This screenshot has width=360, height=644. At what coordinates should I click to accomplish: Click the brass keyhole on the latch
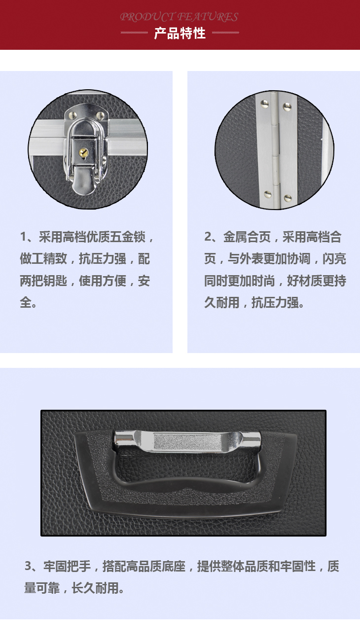click(83, 153)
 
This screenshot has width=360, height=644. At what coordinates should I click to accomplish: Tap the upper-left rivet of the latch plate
click(72, 115)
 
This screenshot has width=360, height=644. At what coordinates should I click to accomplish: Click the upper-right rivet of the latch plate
click(100, 115)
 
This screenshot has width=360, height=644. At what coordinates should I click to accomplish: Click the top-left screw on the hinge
click(264, 104)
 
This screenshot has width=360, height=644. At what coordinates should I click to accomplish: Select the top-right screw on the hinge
click(287, 107)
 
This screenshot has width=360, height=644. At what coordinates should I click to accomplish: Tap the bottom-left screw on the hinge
click(268, 194)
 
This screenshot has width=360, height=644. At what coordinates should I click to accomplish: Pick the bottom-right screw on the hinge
click(288, 198)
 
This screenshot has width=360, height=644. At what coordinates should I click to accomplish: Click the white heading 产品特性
click(180, 33)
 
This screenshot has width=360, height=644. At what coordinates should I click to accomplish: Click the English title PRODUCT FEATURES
click(179, 17)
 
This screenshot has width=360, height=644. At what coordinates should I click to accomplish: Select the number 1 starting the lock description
click(24, 237)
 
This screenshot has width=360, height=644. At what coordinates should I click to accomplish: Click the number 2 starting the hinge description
click(208, 237)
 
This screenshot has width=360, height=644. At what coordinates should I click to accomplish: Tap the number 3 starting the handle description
click(28, 566)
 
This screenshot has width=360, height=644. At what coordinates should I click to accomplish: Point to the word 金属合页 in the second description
click(247, 237)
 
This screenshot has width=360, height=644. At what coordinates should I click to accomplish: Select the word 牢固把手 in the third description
click(67, 566)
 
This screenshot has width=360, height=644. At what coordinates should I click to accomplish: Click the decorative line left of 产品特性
click(134, 33)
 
